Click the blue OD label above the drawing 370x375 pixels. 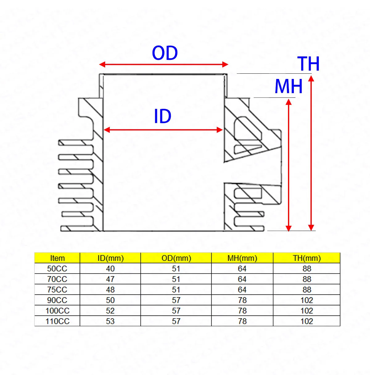click(x=165, y=53)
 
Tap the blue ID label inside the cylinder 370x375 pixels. click(x=162, y=116)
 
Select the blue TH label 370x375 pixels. click(x=308, y=64)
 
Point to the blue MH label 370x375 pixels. click(x=289, y=86)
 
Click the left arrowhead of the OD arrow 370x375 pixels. click(x=102, y=64)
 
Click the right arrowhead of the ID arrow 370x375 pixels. click(x=220, y=130)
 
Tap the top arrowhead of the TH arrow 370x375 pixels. click(x=311, y=78)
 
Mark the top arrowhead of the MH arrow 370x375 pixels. click(x=289, y=102)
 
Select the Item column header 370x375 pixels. click(x=57, y=258)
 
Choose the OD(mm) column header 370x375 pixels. click(x=176, y=258)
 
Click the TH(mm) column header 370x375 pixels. click(x=307, y=258)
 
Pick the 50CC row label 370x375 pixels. click(x=57, y=269)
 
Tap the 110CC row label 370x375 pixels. click(x=57, y=321)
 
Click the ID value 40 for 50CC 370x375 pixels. click(x=110, y=269)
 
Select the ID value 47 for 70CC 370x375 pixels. click(x=110, y=279)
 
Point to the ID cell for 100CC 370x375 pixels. click(x=110, y=311)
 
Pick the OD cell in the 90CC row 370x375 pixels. click(x=176, y=300)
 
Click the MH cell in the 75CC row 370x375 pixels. click(x=242, y=290)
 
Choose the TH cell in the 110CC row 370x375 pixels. click(x=307, y=321)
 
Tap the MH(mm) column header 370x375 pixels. click(x=242, y=258)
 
